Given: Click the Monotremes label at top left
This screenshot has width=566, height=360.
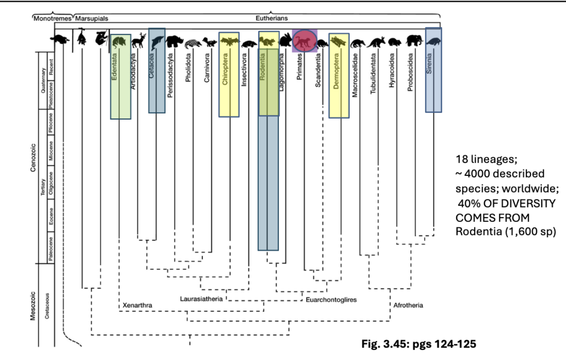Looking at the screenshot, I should [x=53, y=19].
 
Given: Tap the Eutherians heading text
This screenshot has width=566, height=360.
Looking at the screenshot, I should [x=271, y=19].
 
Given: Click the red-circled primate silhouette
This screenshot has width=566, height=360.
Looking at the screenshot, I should [x=304, y=41].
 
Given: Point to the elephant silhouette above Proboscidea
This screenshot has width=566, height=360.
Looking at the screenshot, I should [x=413, y=41].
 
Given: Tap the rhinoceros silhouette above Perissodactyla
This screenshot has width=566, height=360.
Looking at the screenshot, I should [x=175, y=42].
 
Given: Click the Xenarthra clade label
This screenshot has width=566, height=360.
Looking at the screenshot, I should [x=137, y=305].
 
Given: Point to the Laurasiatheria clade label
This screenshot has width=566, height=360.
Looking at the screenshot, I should [x=201, y=298].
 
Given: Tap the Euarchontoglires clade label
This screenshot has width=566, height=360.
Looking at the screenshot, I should [x=331, y=300].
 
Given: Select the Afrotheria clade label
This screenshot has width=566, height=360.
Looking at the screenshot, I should [x=408, y=306].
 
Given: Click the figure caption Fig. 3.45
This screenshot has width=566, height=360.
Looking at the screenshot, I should [x=418, y=345].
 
